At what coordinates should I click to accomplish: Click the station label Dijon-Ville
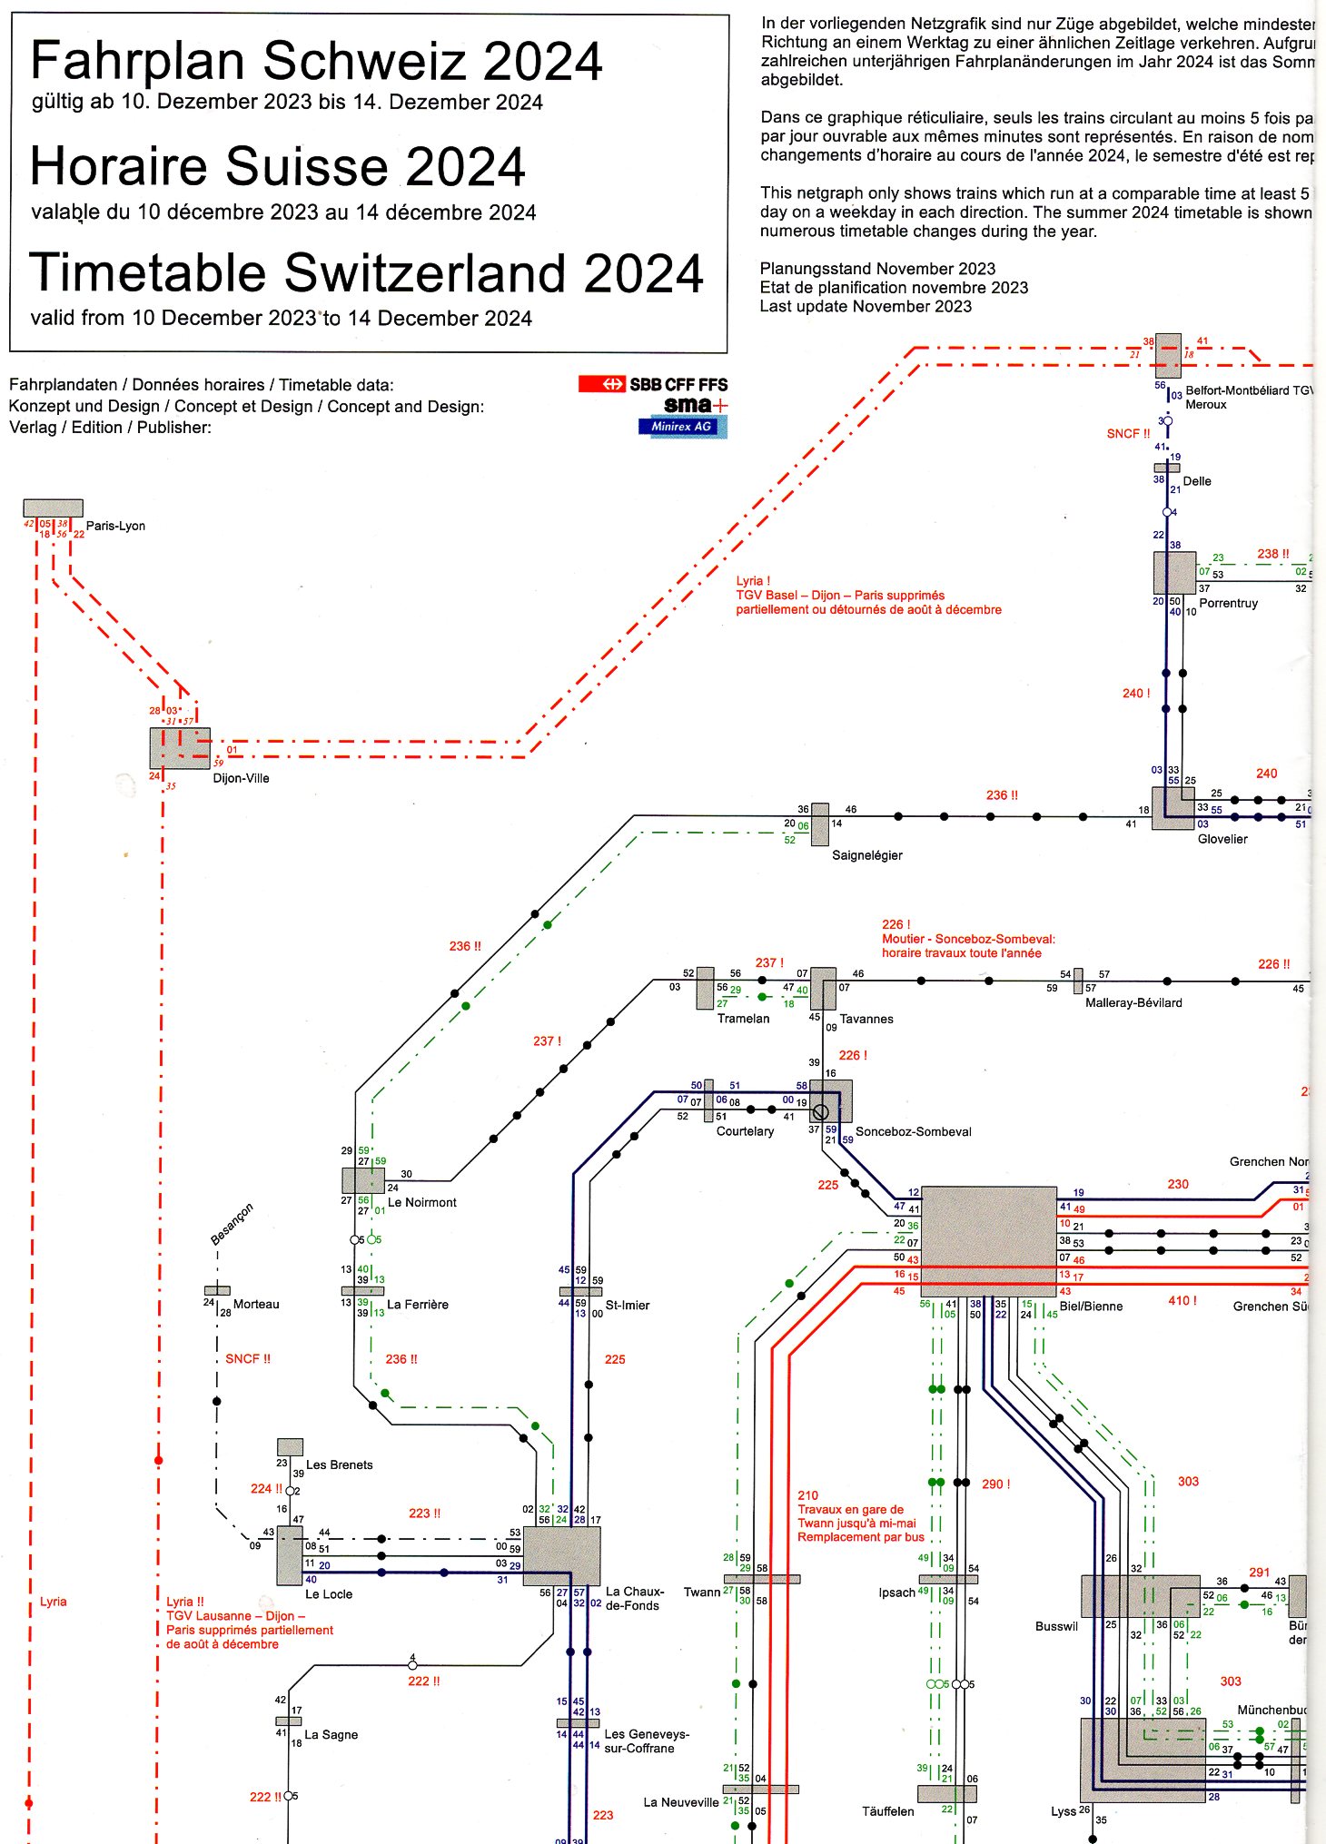click(241, 778)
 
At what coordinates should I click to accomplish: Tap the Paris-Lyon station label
click(115, 526)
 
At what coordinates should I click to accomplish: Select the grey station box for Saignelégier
click(820, 823)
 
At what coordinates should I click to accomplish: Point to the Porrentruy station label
click(1228, 603)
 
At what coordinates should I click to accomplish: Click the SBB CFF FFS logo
click(653, 384)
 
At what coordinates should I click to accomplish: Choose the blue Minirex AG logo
click(682, 427)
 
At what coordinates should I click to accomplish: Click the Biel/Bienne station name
click(1090, 1307)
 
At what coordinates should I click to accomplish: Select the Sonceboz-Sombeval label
click(913, 1131)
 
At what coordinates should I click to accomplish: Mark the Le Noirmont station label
click(421, 1202)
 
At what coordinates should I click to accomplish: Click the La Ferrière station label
click(418, 1305)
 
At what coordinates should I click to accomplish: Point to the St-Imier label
click(628, 1305)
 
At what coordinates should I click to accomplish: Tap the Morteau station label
click(256, 1304)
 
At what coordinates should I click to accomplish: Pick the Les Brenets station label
click(339, 1464)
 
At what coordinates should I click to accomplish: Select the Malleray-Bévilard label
click(1133, 1002)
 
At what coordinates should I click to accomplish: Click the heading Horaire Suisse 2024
click(278, 166)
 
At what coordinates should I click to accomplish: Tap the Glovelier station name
click(1222, 839)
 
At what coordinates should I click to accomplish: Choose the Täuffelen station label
click(887, 1811)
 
